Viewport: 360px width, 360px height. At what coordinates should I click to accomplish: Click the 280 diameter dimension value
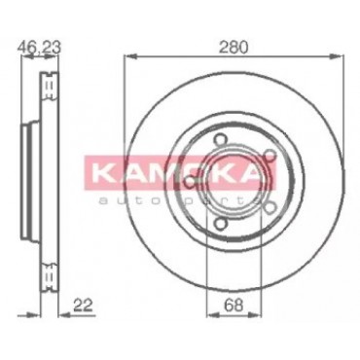coord(234,48)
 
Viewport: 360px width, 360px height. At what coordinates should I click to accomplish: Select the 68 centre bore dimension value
coord(234,306)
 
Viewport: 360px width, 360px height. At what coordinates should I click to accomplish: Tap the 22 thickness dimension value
coord(83,306)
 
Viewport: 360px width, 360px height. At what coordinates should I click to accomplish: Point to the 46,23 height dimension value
coord(39,48)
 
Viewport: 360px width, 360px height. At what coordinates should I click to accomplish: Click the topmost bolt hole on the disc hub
coord(220,140)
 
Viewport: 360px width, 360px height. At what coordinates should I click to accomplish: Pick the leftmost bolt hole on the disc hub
coord(190,181)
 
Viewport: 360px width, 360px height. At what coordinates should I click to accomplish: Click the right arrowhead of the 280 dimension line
coord(337,56)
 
